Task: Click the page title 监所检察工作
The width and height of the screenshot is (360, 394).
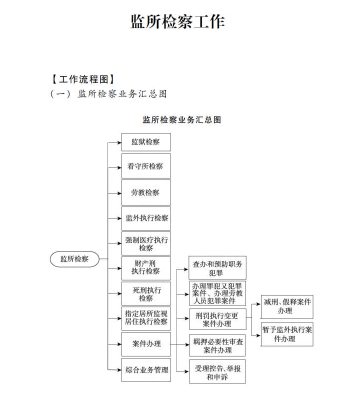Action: point(177,21)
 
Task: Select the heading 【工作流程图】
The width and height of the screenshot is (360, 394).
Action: point(83,79)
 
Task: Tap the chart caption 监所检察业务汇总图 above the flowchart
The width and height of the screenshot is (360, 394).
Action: point(181,119)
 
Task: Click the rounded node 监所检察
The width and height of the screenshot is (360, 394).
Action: point(74,259)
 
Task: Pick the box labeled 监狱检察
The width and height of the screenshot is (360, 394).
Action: point(146,142)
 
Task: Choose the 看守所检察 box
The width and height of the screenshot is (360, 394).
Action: point(146,166)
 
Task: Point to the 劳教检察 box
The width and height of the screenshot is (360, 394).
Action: point(146,192)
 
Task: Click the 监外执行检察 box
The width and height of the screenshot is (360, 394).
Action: point(146,218)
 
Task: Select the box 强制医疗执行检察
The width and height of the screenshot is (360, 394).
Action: point(146,243)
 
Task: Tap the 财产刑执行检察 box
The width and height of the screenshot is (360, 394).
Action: point(146,268)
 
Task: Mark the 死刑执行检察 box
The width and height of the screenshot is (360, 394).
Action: point(146,293)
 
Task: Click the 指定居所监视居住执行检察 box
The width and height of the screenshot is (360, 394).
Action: point(146,318)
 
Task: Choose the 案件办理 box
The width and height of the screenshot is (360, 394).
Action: point(146,344)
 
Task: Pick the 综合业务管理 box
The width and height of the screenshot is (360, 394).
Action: point(146,370)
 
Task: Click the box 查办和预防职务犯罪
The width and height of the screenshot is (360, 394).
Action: point(217,268)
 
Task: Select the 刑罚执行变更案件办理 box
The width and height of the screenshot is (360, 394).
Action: point(217,319)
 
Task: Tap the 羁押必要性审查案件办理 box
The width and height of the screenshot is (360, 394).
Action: point(217,345)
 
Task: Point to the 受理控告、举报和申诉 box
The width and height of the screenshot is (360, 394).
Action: point(217,371)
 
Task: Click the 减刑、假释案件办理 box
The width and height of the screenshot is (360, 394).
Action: point(287,307)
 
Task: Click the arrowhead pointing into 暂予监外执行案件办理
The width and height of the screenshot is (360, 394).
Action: point(258,335)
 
